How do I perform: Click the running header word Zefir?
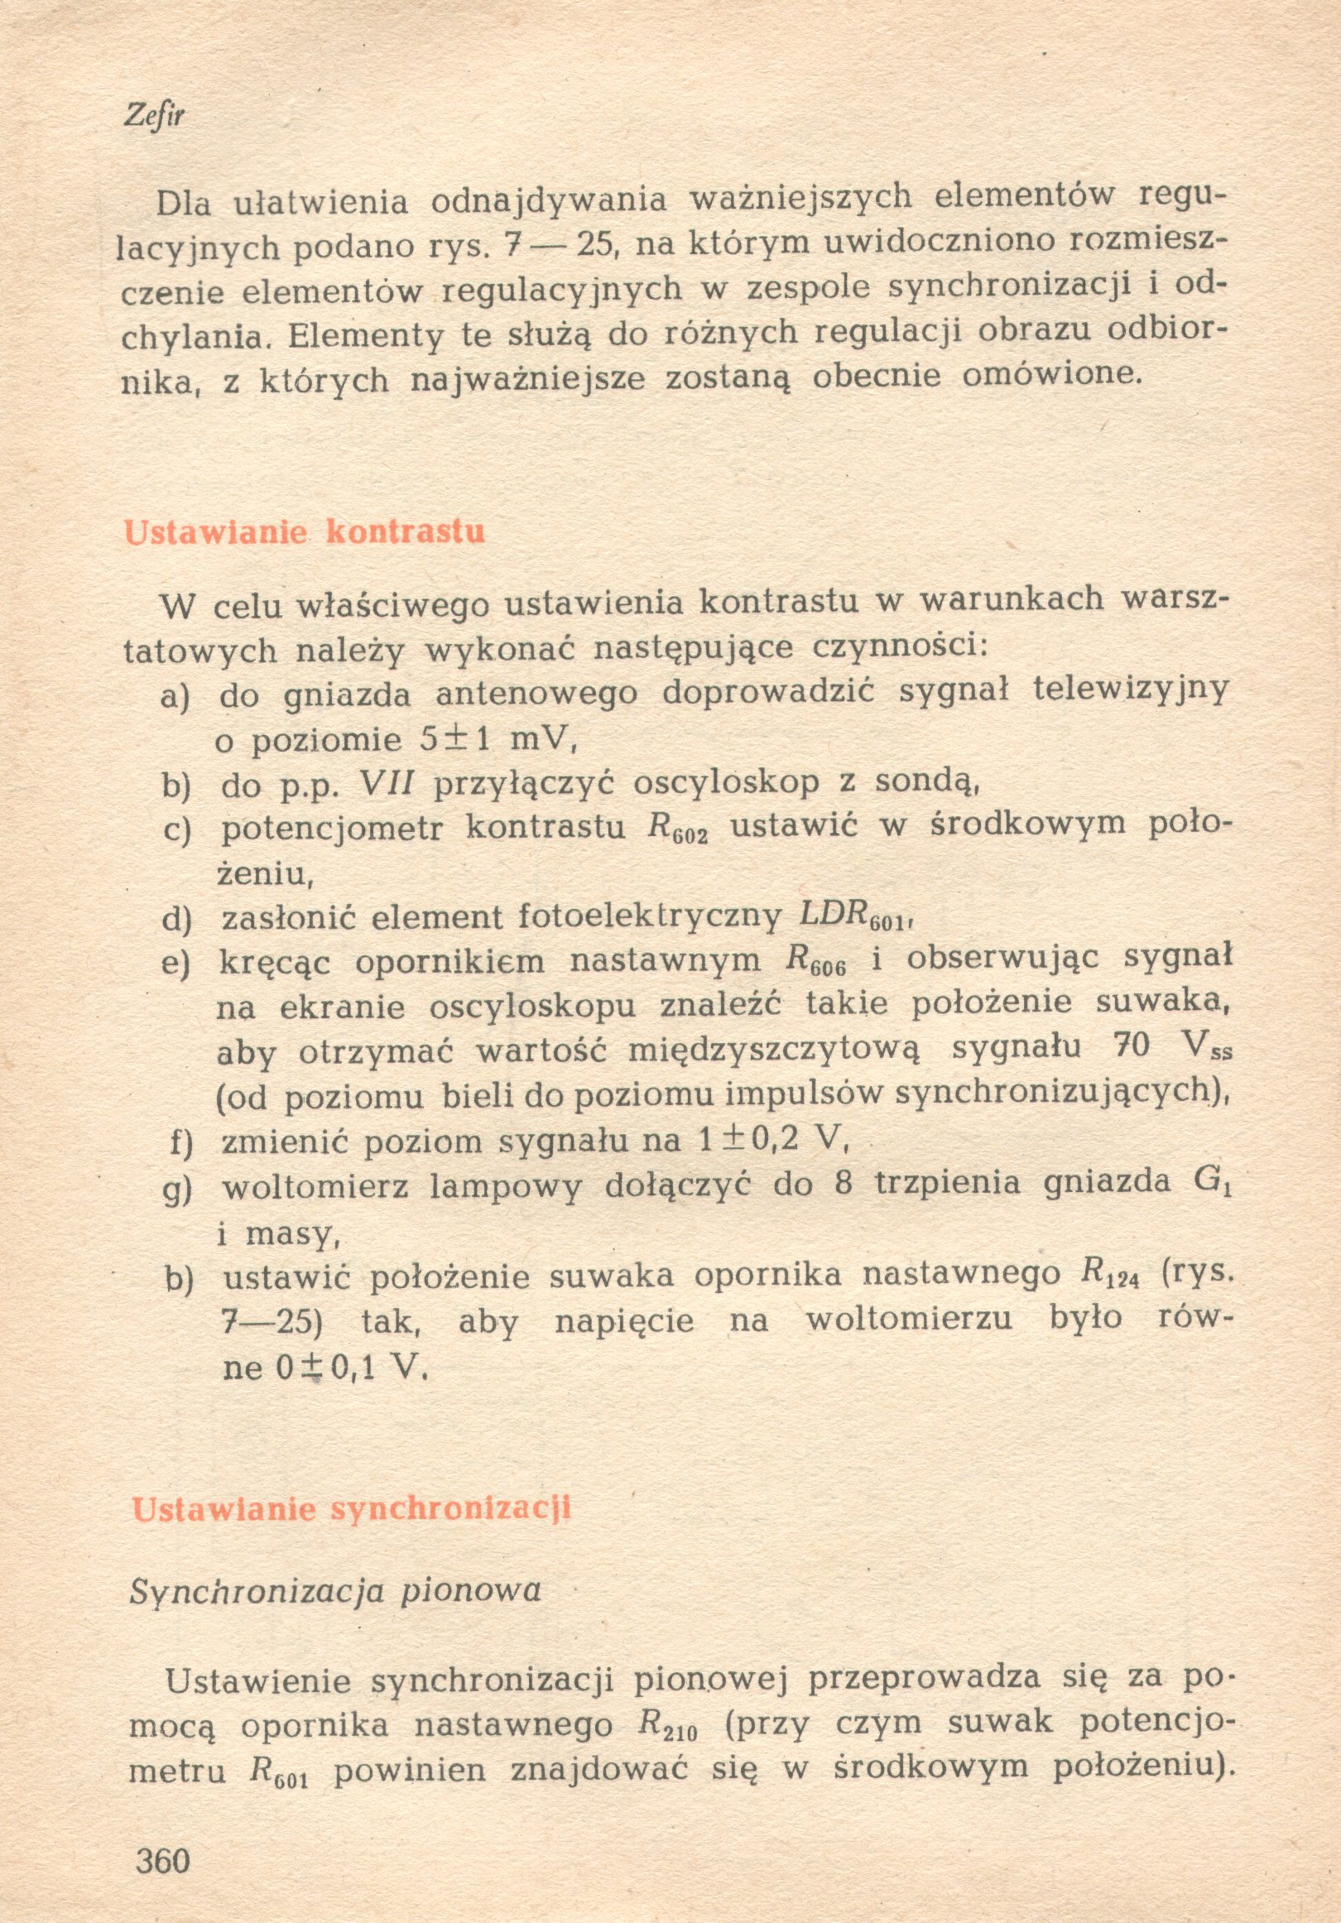[153, 116]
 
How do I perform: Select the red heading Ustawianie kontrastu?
[304, 531]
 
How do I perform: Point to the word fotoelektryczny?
[650, 918]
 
